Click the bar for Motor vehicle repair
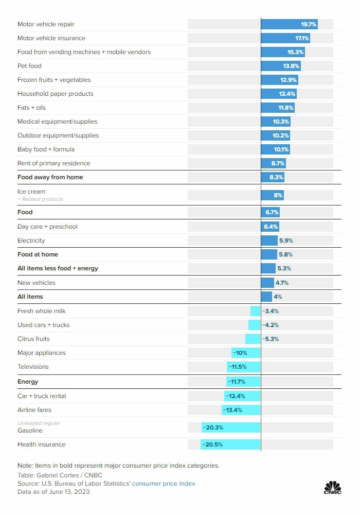click(x=289, y=24)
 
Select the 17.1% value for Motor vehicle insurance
click(x=301, y=38)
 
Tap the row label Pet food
click(x=29, y=66)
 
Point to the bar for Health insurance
click(x=230, y=444)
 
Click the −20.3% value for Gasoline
click(x=213, y=427)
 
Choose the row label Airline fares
click(x=34, y=410)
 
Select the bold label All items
click(x=30, y=297)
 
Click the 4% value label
click(x=278, y=297)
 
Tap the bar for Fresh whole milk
click(x=255, y=311)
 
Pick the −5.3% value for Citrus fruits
click(x=271, y=339)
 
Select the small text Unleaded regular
click(x=39, y=423)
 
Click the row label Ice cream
click(x=31, y=192)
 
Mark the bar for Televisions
click(x=244, y=367)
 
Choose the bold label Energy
click(x=28, y=382)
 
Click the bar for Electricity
click(x=269, y=241)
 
